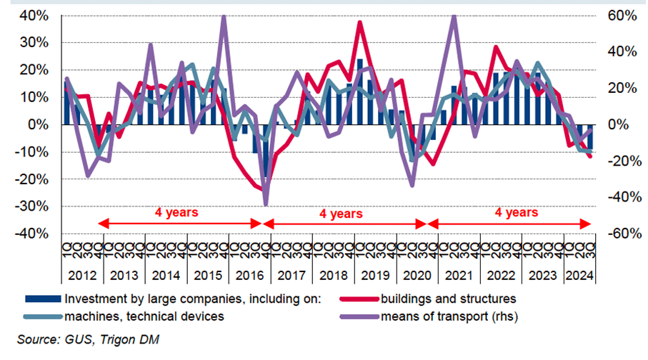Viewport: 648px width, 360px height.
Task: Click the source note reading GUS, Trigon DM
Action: (x=84, y=339)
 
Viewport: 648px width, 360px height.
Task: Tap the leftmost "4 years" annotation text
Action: (x=176, y=211)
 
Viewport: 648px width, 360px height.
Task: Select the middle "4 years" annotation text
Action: (x=341, y=213)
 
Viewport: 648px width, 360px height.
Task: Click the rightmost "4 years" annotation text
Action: (x=517, y=211)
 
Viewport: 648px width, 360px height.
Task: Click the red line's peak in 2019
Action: (x=359, y=22)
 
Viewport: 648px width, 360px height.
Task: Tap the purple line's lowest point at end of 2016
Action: (x=266, y=206)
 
